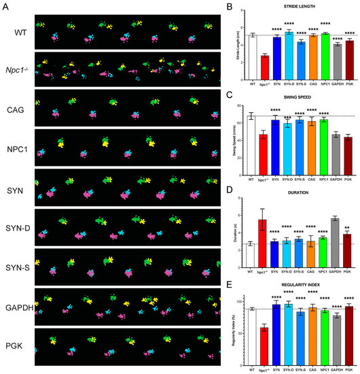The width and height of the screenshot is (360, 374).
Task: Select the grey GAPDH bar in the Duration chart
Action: [334, 243]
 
